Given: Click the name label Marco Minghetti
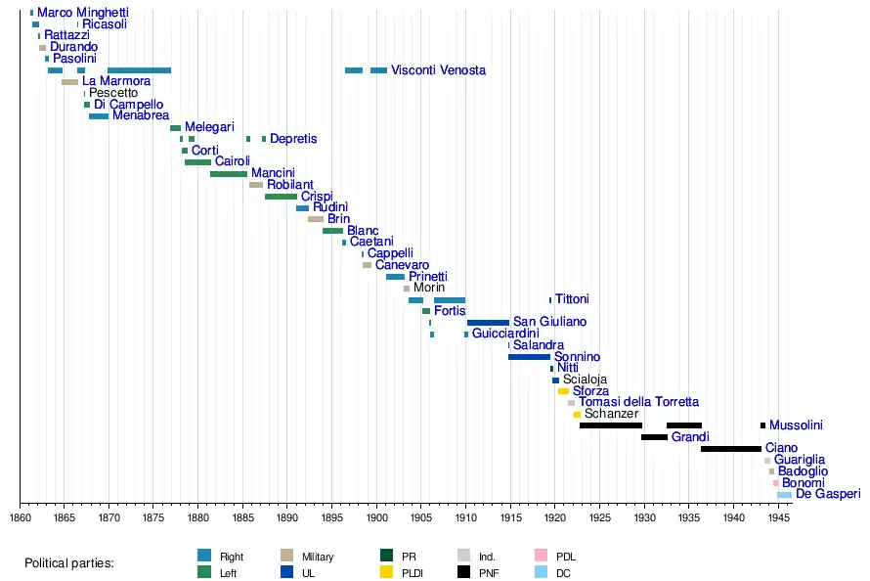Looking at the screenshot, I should (83, 13).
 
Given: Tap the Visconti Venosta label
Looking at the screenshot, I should (438, 70).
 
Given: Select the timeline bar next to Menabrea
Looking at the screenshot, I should (99, 116).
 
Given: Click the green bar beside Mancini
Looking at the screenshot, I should (229, 174).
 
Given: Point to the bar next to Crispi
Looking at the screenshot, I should (281, 197).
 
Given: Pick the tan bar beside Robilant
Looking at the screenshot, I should (256, 185).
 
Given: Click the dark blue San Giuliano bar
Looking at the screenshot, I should (488, 322).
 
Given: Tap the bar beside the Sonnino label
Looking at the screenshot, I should (529, 357).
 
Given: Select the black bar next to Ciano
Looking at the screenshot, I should (730, 448).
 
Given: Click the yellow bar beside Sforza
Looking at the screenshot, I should (563, 391).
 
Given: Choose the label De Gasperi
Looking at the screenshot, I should (828, 495).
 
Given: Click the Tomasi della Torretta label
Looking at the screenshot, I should (638, 402).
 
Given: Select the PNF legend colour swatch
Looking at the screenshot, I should (464, 572).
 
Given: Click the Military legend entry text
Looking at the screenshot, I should (318, 557).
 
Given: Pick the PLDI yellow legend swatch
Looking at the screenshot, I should (386, 572).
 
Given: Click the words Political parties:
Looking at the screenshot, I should (69, 564).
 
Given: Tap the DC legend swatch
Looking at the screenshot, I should (540, 572).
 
